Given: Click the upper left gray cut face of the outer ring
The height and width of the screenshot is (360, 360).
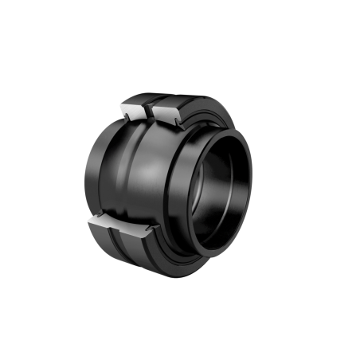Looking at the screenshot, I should point(133,110).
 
